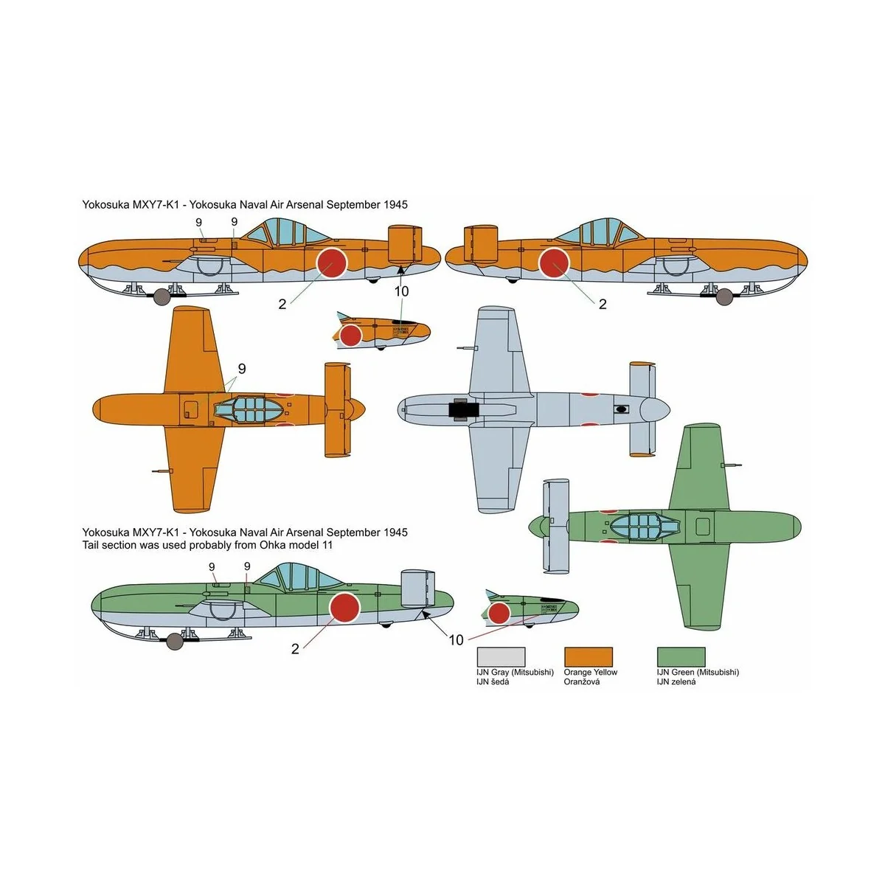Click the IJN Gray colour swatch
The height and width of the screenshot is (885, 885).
(502, 657)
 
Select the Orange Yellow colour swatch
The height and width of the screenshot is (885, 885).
(588, 657)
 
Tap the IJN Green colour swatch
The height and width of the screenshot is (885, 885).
(681, 657)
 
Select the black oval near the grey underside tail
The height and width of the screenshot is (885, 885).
(620, 408)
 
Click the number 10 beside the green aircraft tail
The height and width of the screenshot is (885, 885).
(456, 640)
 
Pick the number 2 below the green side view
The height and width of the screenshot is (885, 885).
(295, 649)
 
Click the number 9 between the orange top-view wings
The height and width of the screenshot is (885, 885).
(242, 369)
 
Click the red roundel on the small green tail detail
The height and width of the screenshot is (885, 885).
(499, 613)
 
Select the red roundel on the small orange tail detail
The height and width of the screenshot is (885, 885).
(350, 336)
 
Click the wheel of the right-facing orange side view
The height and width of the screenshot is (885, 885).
(726, 296)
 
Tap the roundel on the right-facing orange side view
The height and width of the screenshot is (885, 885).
(553, 263)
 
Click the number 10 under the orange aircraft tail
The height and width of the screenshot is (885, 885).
(401, 291)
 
